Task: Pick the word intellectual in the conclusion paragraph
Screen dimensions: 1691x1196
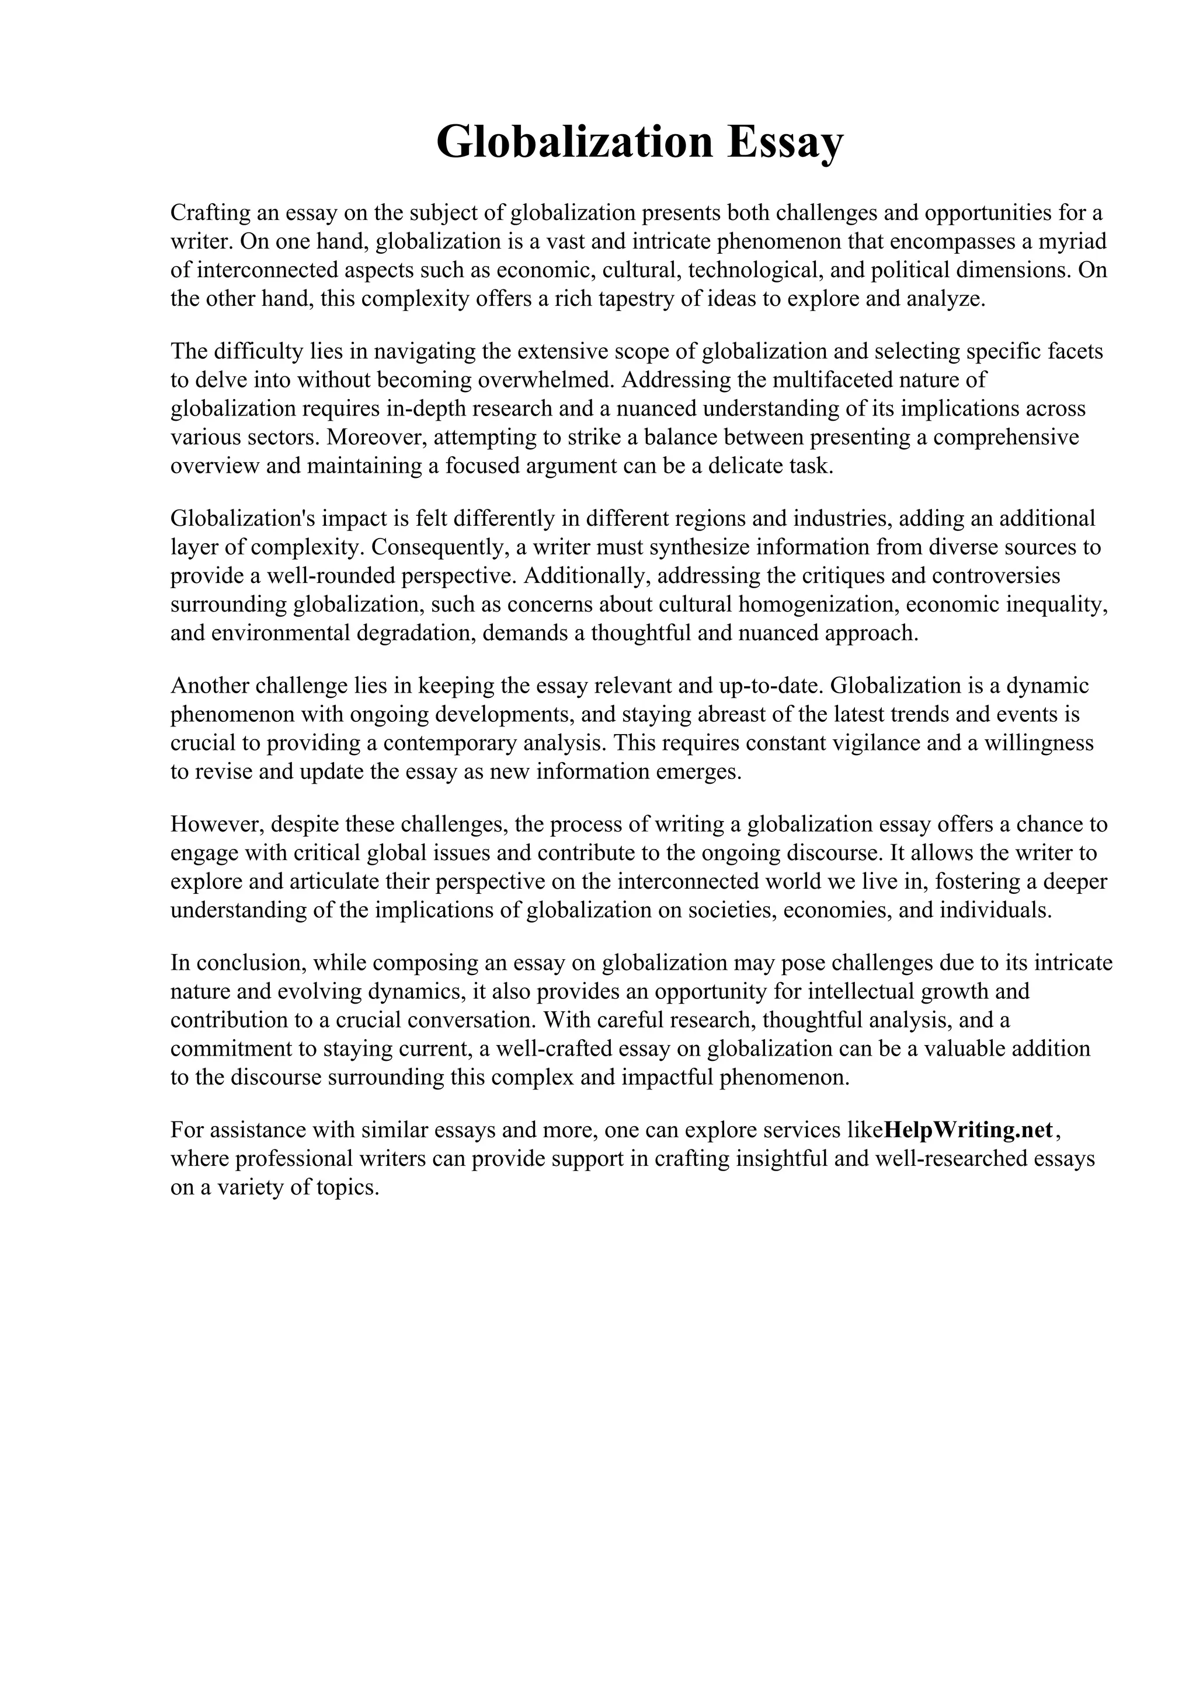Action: [861, 991]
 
